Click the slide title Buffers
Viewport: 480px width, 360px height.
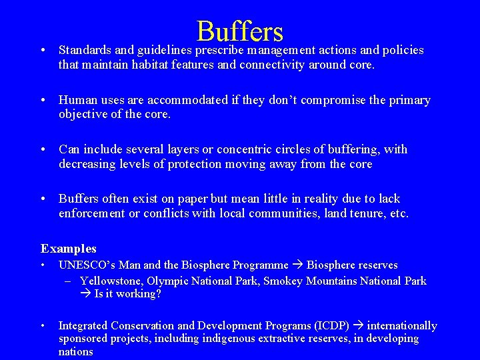tap(240, 31)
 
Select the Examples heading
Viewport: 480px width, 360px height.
tap(69, 249)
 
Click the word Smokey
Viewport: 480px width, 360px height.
tap(284, 281)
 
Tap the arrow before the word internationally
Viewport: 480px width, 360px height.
tap(360, 325)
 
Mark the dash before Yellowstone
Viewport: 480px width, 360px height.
tap(68, 281)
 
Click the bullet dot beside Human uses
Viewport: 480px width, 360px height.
tap(43, 100)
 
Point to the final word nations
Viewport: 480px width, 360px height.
tap(75, 351)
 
